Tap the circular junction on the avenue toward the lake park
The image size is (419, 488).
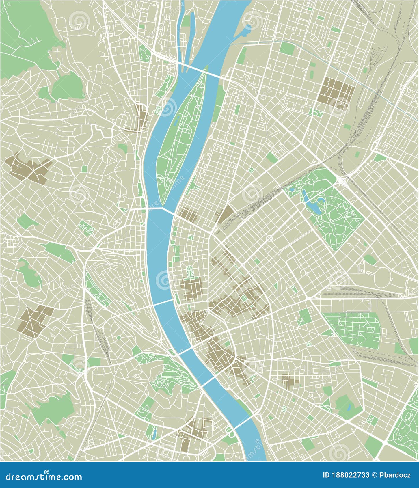pyautogui.click(x=269, y=238)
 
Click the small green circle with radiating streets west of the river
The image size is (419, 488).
pyautogui.click(x=118, y=337)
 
